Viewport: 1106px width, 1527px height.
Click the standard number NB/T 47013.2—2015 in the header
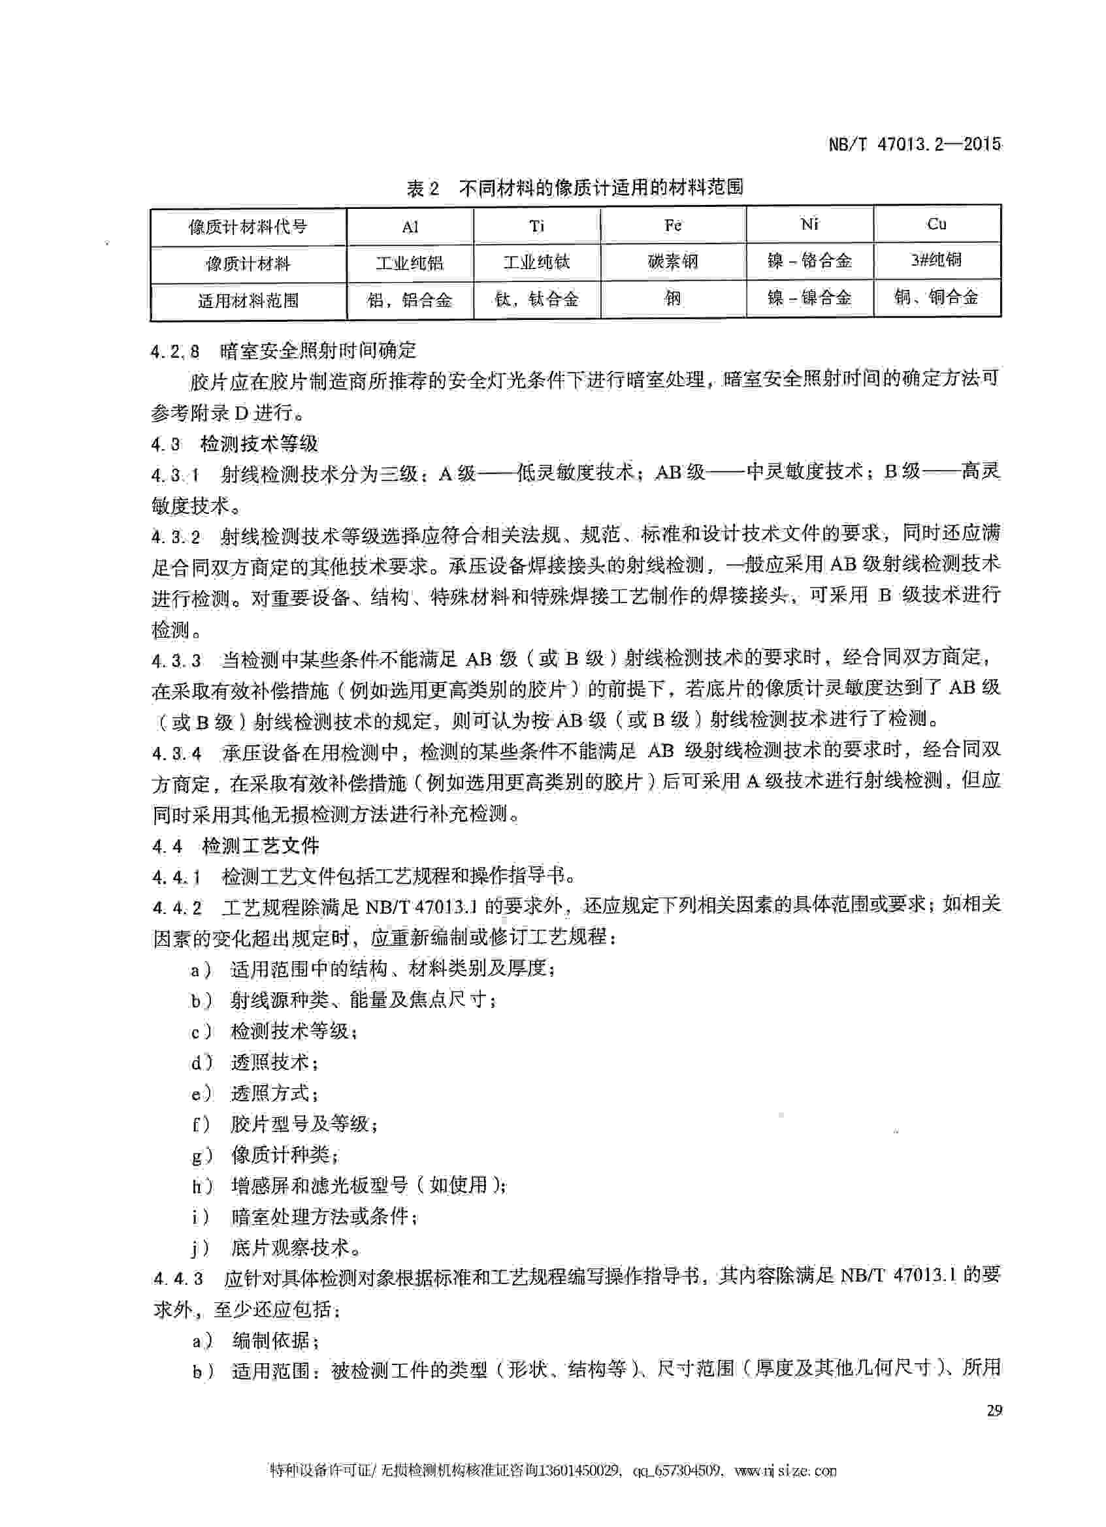click(914, 144)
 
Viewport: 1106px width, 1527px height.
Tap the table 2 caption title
click(574, 187)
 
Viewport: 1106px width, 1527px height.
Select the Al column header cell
click(410, 227)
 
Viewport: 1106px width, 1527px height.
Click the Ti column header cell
click(536, 227)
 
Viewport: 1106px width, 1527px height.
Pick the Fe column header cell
click(673, 225)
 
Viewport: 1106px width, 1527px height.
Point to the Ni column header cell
click(809, 224)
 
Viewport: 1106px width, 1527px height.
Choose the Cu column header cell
click(936, 224)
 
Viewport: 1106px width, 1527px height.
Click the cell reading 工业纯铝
click(410, 262)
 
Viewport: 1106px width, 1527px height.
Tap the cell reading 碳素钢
click(673, 262)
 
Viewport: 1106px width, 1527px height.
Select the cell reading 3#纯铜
click(936, 260)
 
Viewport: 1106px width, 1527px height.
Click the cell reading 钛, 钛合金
click(536, 299)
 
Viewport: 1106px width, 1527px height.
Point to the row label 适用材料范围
click(248, 300)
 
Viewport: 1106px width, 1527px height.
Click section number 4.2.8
click(175, 351)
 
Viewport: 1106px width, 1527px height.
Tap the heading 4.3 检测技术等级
click(235, 444)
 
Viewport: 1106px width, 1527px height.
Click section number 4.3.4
click(176, 753)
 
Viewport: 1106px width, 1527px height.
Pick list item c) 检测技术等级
click(274, 1031)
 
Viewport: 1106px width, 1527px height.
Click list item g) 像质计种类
click(265, 1156)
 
